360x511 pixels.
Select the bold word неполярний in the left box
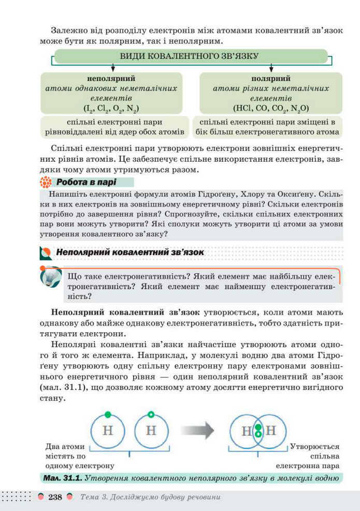pyautogui.click(x=111, y=79)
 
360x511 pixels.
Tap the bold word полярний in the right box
pyautogui.click(x=271, y=79)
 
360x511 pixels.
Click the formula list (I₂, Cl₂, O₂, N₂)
pyautogui.click(x=111, y=108)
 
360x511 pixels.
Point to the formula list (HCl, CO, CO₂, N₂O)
pyautogui.click(x=271, y=108)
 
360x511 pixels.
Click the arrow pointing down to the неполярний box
pyautogui.click(x=112, y=68)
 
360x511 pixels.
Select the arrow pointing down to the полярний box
pyautogui.click(x=271, y=68)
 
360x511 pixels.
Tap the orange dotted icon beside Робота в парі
pyautogui.click(x=46, y=182)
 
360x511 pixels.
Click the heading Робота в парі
pyautogui.click(x=86, y=182)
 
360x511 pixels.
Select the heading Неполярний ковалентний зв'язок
pyautogui.click(x=129, y=252)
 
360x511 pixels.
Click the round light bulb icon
pyautogui.click(x=50, y=277)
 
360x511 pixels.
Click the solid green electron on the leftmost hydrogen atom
pyautogui.click(x=108, y=414)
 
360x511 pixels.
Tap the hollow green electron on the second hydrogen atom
pyautogui.click(x=151, y=414)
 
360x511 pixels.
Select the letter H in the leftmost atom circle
pyautogui.click(x=108, y=431)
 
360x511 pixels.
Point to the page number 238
pyautogui.click(x=55, y=497)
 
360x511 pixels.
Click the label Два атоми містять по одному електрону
pyautogui.click(x=65, y=456)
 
